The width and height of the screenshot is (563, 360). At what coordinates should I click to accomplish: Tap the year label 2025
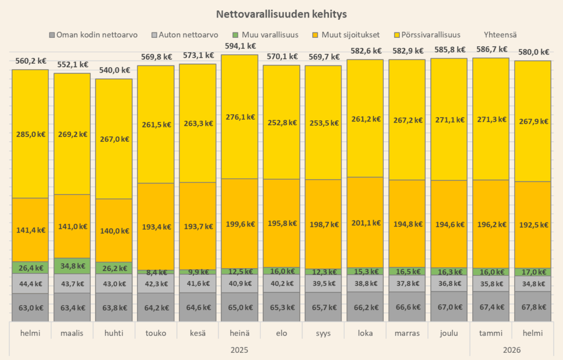pyautogui.click(x=240, y=350)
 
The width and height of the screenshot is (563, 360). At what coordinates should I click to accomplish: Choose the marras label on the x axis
pyautogui.click(x=407, y=333)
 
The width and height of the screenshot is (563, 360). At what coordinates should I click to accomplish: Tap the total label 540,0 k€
pyautogui.click(x=113, y=70)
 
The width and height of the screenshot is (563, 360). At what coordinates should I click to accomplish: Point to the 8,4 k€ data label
pyautogui.click(x=156, y=272)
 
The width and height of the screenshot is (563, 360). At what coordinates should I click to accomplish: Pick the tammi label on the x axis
pyautogui.click(x=490, y=333)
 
